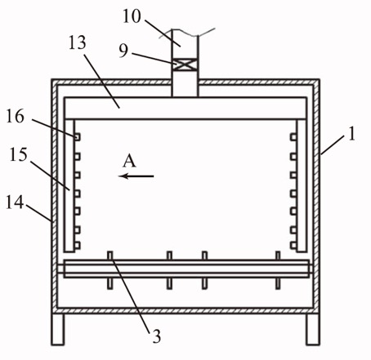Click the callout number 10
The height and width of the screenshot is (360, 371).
click(132, 16)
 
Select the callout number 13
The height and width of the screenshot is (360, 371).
click(78, 42)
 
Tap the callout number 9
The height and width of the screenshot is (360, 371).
click(123, 51)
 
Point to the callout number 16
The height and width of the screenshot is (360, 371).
click(16, 116)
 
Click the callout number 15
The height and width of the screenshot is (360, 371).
click(19, 155)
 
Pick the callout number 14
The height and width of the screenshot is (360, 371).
click(15, 202)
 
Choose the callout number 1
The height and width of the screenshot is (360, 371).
click(352, 134)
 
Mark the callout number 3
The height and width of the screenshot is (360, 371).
click(156, 336)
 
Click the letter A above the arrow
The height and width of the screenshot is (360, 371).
click(129, 161)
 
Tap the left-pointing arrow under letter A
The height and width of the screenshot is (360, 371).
click(136, 176)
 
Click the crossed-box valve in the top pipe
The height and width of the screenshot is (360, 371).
click(185, 65)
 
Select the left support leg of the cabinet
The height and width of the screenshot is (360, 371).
click(58, 329)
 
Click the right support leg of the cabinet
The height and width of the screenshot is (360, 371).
click(313, 329)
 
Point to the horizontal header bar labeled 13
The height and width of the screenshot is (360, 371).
click(185, 108)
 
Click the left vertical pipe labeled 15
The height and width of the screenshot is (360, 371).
click(69, 185)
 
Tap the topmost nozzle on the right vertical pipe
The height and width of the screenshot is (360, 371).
click(293, 137)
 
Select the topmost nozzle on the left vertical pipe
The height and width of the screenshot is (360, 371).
click(77, 137)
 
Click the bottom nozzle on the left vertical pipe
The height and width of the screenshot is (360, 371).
click(77, 246)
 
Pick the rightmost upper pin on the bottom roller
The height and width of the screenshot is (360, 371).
click(278, 256)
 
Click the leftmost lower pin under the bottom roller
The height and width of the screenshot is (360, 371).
click(110, 283)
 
